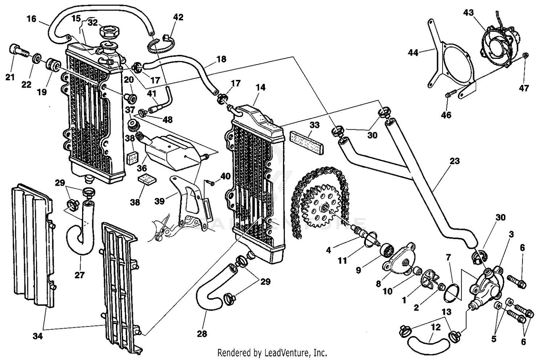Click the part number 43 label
[x=468, y=13]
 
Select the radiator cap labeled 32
[x=108, y=30]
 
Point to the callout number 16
[x=32, y=19]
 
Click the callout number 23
[x=455, y=161]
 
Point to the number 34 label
[x=37, y=336]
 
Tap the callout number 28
[x=202, y=333]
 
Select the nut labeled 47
[x=526, y=55]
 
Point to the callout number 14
[x=260, y=87]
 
